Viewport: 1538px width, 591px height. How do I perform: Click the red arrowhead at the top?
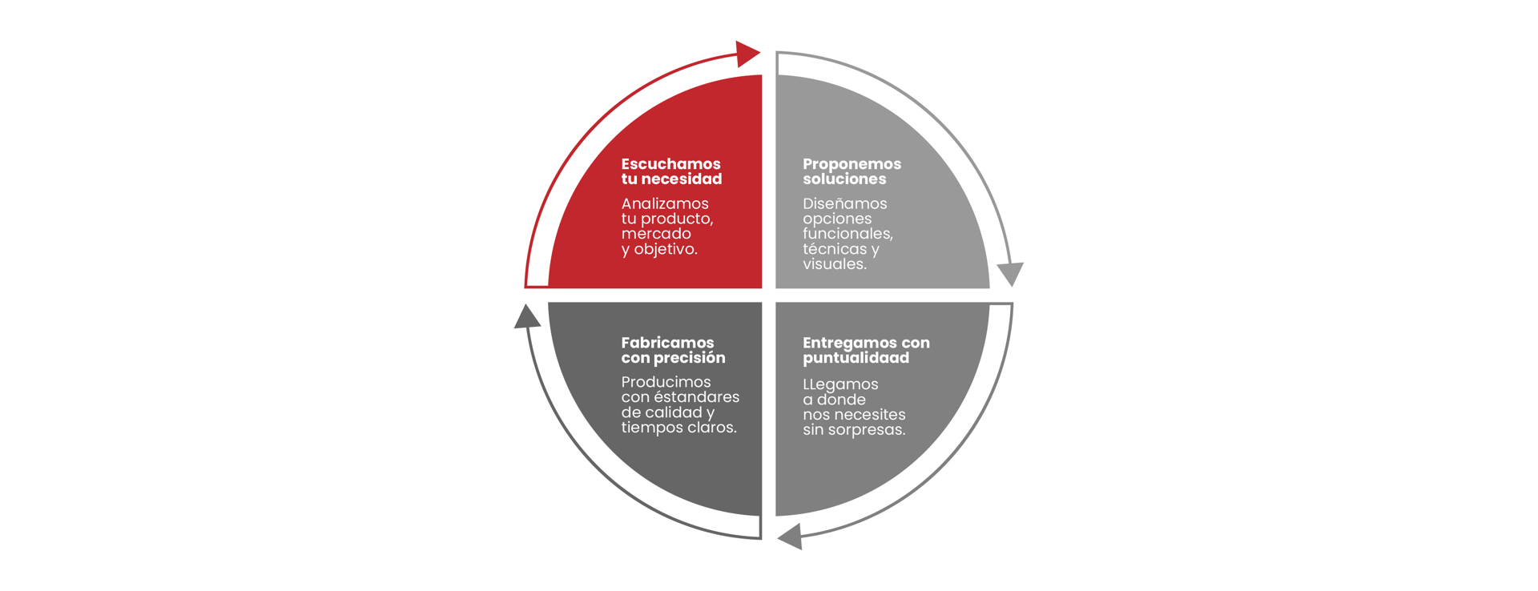point(747,54)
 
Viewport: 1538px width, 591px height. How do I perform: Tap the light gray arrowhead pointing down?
point(1011,273)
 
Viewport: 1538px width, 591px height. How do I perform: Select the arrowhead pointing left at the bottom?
point(791,536)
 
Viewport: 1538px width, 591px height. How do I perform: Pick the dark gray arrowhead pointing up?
point(526,317)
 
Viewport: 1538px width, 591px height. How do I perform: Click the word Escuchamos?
point(670,164)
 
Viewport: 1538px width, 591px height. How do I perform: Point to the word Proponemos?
point(852,164)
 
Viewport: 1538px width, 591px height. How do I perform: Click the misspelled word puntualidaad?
point(856,358)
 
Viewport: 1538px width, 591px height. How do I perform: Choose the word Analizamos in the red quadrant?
point(665,204)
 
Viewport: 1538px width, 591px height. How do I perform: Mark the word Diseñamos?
point(844,204)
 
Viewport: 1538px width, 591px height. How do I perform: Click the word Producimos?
point(666,382)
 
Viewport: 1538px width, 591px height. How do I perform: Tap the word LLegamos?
point(840,384)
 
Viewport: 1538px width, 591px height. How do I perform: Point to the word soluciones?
point(844,179)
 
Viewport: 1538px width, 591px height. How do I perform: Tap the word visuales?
point(834,264)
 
